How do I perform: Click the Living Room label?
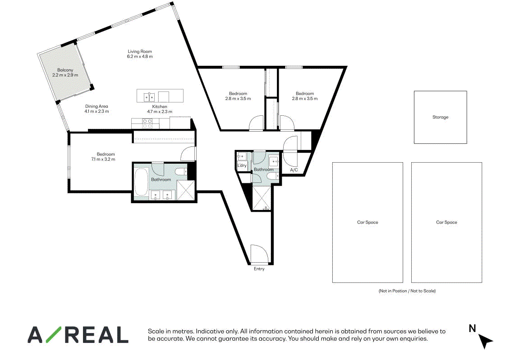point(140,51)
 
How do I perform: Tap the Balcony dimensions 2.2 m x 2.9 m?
point(65,75)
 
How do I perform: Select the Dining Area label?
point(96,106)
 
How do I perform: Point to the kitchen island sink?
point(149,97)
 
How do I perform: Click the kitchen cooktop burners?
point(147,124)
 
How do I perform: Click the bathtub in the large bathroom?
point(141,182)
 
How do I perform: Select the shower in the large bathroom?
point(186,190)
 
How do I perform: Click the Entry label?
point(259,269)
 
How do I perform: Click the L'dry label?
point(242,165)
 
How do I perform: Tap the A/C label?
point(294,170)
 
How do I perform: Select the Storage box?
point(441,117)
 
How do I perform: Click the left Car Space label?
point(368,223)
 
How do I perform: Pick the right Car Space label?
point(446,223)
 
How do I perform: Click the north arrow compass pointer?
point(485,341)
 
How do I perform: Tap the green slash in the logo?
point(53,334)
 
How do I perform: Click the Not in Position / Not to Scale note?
point(407,291)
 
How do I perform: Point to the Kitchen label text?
point(160,106)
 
